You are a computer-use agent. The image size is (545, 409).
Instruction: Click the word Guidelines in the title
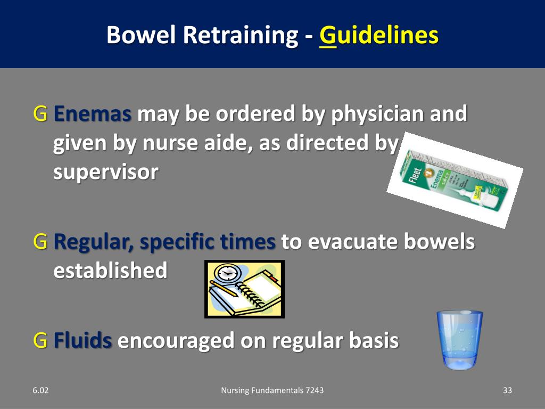[379, 35]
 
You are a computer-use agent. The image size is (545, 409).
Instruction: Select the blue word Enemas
[93, 114]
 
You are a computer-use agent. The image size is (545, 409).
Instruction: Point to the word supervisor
[105, 172]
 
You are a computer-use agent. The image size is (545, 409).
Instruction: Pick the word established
[110, 271]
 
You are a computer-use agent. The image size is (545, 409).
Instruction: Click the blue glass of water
[459, 340]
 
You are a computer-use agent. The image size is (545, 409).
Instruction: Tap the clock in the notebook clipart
[227, 273]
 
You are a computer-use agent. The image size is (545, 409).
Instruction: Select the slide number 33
[507, 391]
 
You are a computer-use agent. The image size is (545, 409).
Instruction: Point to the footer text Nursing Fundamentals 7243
[272, 391]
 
